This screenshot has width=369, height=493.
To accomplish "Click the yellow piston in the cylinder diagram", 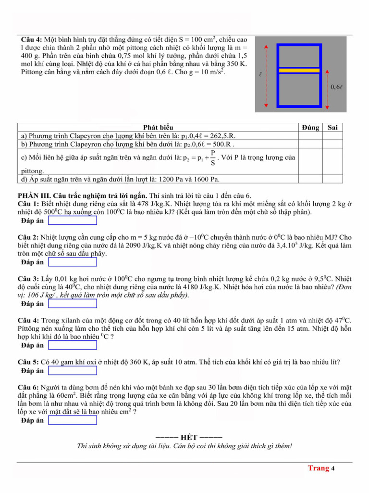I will pyautogui.click(x=299, y=70).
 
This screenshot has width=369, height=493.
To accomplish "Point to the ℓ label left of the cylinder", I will pyautogui.click(x=260, y=75).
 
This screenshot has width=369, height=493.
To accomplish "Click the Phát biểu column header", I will pyautogui.click(x=158, y=128).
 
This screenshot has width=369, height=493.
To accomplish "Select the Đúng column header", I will pyautogui.click(x=310, y=128).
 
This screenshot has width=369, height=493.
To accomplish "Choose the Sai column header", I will pyautogui.click(x=332, y=128).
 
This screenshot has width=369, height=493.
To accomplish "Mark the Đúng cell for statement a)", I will pyautogui.click(x=310, y=136).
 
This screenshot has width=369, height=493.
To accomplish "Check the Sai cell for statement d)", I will pyautogui.click(x=332, y=180).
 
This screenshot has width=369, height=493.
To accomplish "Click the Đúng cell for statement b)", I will pyautogui.click(x=310, y=143).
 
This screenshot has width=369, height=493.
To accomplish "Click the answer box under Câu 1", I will pyautogui.click(x=73, y=221).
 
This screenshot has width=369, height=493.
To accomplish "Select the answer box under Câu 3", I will pyautogui.click(x=73, y=304).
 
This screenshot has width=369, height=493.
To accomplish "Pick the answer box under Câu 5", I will pyautogui.click(x=73, y=371).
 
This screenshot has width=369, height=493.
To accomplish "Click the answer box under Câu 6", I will pyautogui.click(x=73, y=420).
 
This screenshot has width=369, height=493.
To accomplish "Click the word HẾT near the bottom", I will pyautogui.click(x=184, y=437).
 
